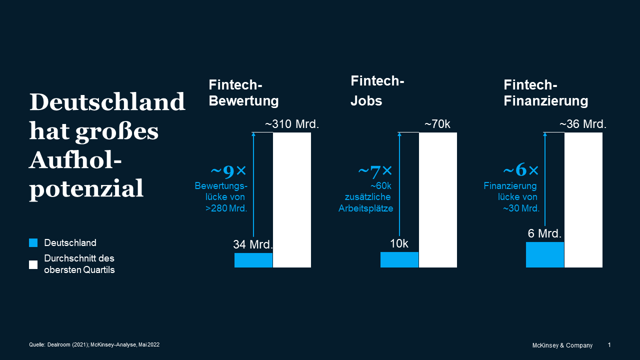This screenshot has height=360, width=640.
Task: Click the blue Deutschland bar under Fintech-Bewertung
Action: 253,260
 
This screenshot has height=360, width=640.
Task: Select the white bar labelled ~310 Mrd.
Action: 292,200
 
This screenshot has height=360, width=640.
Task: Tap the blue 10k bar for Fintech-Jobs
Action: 399,259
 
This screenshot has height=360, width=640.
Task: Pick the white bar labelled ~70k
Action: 438,200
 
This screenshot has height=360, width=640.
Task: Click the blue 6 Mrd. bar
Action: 545,254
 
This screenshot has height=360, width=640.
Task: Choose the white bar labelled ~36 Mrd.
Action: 583,200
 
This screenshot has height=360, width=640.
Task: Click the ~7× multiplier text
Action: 375,171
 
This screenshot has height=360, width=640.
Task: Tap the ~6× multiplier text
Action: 520,170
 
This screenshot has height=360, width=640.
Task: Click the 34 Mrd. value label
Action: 253,245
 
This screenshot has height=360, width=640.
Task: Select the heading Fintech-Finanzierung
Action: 545,93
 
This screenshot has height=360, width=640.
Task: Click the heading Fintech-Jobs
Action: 377,90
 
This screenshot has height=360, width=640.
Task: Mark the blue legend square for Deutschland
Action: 33,243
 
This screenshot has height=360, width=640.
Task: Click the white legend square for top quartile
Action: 33,264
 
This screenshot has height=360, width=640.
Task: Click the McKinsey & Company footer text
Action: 562,345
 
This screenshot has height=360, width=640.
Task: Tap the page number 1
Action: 609,345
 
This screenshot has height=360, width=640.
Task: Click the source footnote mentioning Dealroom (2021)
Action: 94,344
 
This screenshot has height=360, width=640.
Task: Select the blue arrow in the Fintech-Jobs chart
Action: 399,185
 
